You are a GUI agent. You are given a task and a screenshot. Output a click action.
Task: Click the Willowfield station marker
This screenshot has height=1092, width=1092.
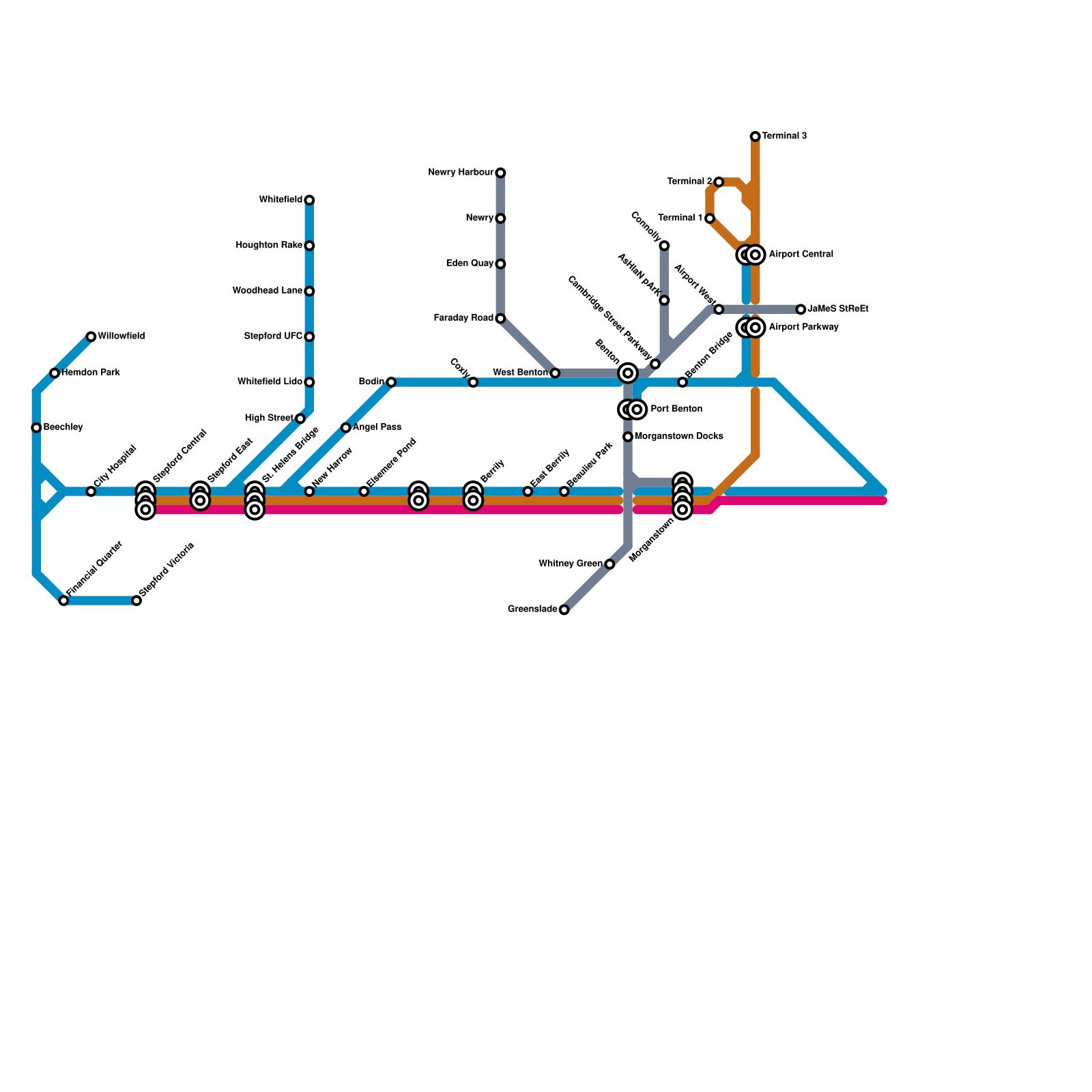[x=91, y=336]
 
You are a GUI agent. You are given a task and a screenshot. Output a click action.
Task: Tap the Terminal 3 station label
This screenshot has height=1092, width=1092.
[x=784, y=136]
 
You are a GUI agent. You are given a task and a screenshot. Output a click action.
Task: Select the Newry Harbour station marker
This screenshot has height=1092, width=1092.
[x=500, y=173]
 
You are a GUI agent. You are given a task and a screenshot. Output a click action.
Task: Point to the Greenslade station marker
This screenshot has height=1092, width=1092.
[x=564, y=609]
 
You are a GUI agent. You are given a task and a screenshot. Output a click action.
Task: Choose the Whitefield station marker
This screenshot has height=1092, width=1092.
[x=309, y=200]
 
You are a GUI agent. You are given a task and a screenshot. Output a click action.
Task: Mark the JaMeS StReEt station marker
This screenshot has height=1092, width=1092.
[x=801, y=309]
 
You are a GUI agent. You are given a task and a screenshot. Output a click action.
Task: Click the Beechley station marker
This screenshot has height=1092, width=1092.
[x=36, y=428]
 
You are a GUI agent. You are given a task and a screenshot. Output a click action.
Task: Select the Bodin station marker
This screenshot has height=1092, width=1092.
[x=391, y=382]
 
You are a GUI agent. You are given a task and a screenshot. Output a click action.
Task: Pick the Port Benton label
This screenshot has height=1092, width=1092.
[x=676, y=409]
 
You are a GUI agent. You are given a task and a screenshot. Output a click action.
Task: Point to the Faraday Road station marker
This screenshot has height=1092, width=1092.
[x=500, y=319]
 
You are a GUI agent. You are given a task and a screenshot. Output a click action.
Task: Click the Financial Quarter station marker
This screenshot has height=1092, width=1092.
[x=63, y=601]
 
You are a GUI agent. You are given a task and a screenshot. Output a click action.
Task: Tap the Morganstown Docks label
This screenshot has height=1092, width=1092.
[x=678, y=437]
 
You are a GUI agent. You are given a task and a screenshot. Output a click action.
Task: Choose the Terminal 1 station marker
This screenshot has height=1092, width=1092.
[x=710, y=218]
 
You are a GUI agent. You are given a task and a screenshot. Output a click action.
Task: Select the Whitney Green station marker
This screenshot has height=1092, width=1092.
[x=609, y=564]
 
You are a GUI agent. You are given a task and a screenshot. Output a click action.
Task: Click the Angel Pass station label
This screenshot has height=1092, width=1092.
[x=377, y=428]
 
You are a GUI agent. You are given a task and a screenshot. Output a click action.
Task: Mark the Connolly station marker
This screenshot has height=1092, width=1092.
[x=664, y=246]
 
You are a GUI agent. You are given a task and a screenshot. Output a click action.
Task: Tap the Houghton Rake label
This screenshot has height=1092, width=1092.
[x=269, y=246]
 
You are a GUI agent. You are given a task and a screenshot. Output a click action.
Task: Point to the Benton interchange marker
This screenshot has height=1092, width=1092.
[x=628, y=373]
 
